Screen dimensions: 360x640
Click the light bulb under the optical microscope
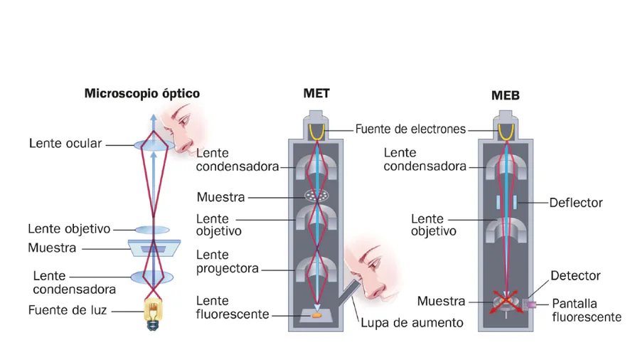click(152, 314)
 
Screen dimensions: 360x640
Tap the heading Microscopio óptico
click(142, 93)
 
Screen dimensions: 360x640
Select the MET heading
click(316, 93)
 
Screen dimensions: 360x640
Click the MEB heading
click(506, 95)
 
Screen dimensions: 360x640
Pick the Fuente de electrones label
click(410, 129)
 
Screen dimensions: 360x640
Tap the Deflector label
click(575, 203)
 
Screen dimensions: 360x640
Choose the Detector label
click(576, 275)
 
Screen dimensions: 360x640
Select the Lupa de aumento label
click(412, 322)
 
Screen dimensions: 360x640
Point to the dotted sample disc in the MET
click(316, 194)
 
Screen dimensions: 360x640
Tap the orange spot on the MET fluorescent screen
click(316, 311)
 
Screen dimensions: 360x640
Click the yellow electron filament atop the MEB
click(506, 132)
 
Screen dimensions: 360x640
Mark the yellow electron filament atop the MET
click(316, 131)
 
